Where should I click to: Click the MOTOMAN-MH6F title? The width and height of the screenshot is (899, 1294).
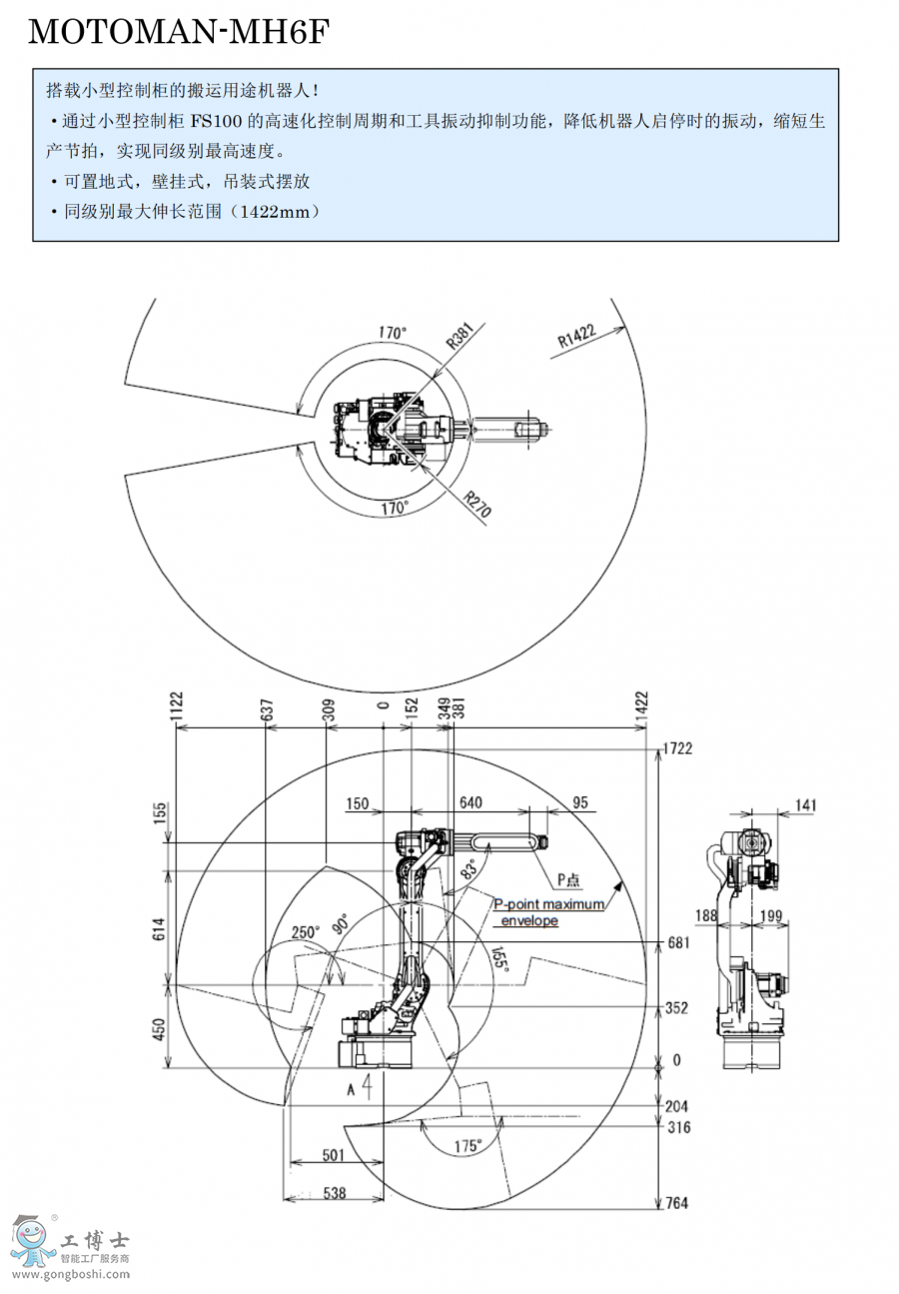point(179,31)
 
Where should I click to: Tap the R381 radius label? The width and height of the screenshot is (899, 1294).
point(460,336)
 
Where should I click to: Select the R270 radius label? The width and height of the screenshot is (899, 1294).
point(477,504)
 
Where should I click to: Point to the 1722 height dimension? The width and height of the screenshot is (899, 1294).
point(677,748)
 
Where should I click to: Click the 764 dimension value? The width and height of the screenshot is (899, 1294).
point(676,1203)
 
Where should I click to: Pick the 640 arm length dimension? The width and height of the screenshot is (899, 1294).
point(470,802)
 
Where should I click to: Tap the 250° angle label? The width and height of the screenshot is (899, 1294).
point(306,932)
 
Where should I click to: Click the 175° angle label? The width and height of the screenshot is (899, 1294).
point(467,1145)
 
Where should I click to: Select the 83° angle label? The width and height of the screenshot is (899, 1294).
point(468,869)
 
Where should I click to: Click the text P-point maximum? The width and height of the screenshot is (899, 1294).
point(549,904)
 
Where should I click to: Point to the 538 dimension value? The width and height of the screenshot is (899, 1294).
point(335,1192)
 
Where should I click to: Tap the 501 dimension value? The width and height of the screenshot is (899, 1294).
point(334,1155)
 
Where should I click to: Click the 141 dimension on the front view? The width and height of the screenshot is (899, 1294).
point(805,804)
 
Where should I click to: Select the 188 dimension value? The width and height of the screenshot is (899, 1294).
point(706,915)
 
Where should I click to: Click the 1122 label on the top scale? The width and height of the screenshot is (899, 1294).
point(176,705)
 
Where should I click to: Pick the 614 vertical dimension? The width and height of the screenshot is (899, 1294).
point(159,929)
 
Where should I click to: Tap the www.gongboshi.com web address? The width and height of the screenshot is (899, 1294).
point(71,1274)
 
